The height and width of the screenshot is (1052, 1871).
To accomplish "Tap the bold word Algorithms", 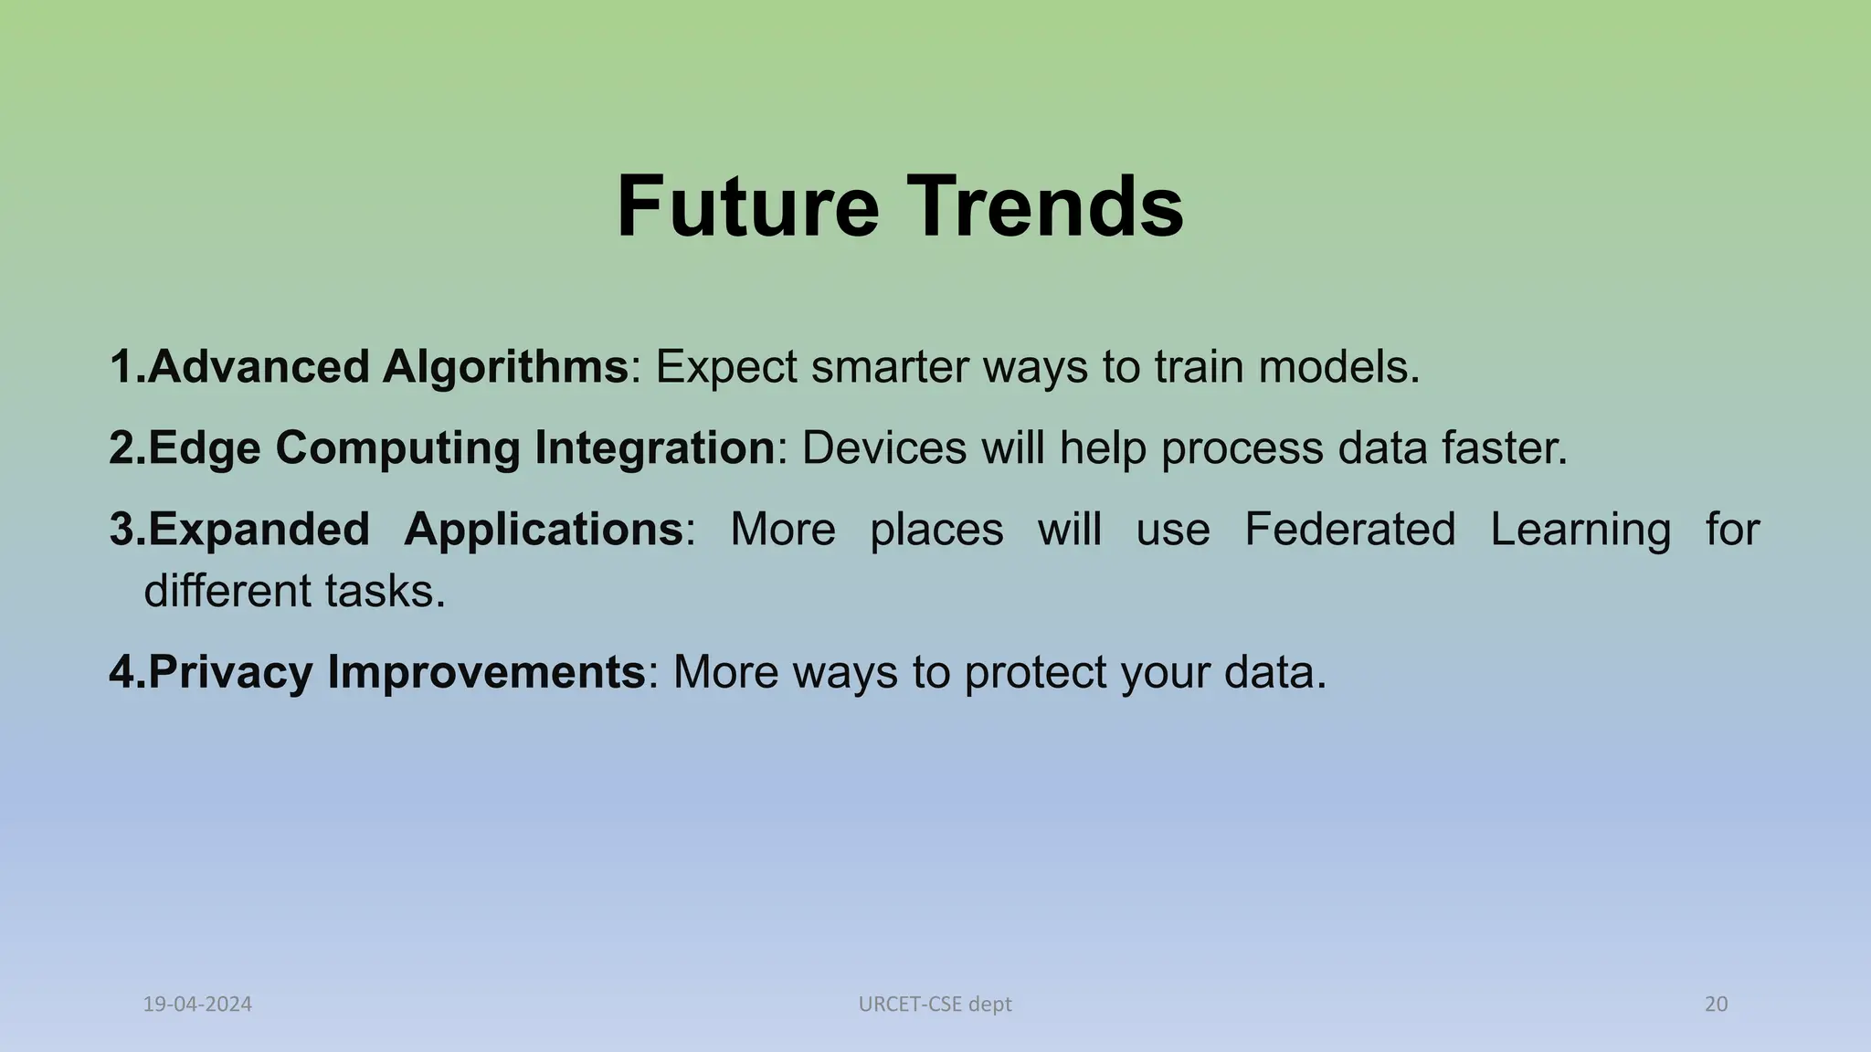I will coord(504,367).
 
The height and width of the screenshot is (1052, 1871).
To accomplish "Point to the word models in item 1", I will coord(1337,367).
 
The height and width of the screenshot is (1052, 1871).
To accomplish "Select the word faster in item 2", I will coord(1503,448).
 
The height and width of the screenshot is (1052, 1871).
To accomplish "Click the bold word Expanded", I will coord(259,530).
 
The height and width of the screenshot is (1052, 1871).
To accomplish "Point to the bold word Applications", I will coord(544,531).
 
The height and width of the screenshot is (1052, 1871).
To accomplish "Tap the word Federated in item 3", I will coord(1349,529).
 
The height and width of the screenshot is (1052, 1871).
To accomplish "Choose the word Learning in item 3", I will coord(1580,531).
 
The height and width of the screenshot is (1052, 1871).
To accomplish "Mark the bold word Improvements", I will coord(486,673).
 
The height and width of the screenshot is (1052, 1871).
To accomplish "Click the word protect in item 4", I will coord(1035,673).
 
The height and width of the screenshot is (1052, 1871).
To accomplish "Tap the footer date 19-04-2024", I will coord(197,1005).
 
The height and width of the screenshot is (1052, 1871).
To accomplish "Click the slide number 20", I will coord(1716,1005).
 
